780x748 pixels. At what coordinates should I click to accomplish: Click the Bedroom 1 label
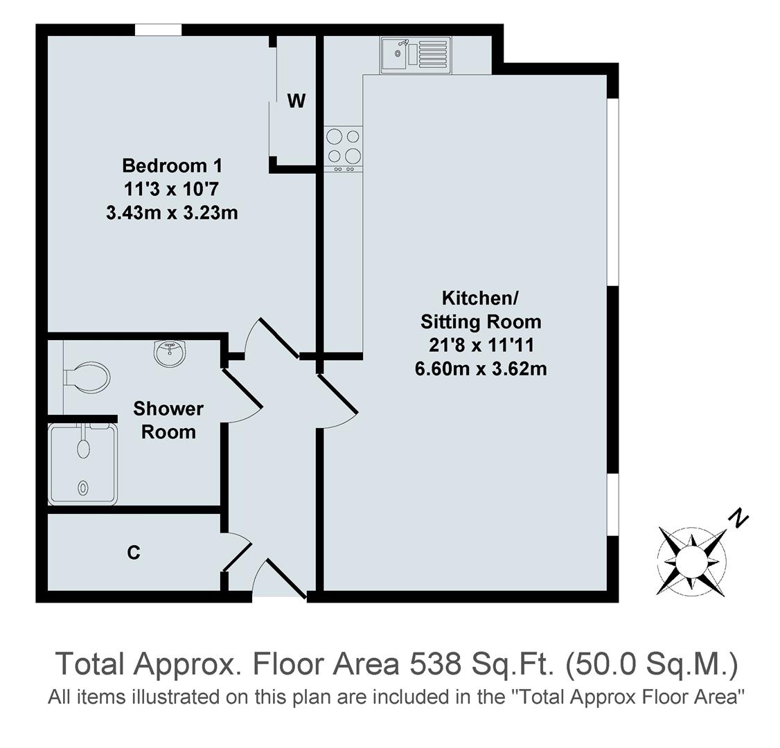[172, 166]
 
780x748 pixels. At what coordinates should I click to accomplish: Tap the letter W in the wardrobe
[296, 101]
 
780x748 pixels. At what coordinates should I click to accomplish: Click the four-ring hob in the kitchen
[344, 147]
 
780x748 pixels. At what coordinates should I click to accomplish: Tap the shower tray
[83, 463]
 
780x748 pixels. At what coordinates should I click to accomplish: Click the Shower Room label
[168, 420]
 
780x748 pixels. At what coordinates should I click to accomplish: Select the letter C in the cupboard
[134, 553]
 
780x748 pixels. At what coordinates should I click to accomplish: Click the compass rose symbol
[691, 559]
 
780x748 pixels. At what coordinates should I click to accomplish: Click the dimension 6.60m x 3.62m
[481, 368]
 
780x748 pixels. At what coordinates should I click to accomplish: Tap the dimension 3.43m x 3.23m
[172, 213]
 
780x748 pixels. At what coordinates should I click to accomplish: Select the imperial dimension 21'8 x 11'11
[481, 345]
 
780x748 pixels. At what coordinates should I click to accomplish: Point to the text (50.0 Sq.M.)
[652, 664]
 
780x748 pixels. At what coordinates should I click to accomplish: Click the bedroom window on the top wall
[158, 30]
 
